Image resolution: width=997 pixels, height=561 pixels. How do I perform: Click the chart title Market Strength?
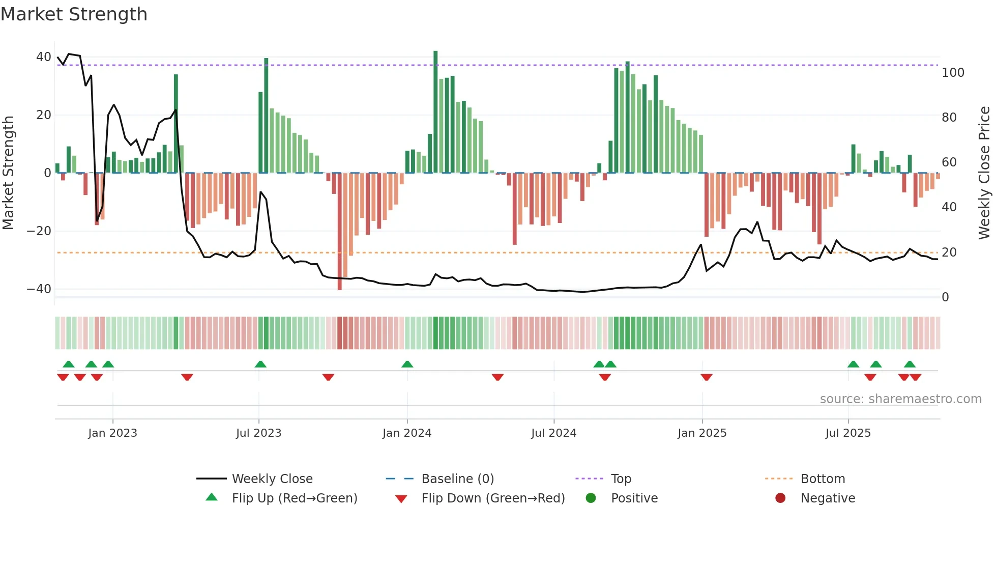coord(74,14)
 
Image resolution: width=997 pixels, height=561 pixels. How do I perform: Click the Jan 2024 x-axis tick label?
coord(407,433)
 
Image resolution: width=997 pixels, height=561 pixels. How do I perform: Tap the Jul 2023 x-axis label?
coord(258,433)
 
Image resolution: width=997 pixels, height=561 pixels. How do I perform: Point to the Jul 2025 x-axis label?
coord(848,433)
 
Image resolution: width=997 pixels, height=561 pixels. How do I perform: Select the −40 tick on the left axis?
coord(39,289)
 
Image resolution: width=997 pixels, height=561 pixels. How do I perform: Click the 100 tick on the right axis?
coord(953,73)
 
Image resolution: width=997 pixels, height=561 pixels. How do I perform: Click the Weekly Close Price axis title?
coord(984,173)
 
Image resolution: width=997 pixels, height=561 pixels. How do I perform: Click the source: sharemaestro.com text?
coord(900,399)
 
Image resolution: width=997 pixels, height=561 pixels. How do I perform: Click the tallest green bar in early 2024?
coord(435,112)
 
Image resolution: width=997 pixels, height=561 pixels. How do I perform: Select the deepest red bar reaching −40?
coord(340,232)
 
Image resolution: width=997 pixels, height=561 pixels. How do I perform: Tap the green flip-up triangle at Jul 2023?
coord(260,364)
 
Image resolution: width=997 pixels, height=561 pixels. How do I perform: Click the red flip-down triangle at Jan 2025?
coord(707,377)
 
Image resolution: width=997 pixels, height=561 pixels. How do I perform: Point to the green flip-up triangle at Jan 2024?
coord(407,364)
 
